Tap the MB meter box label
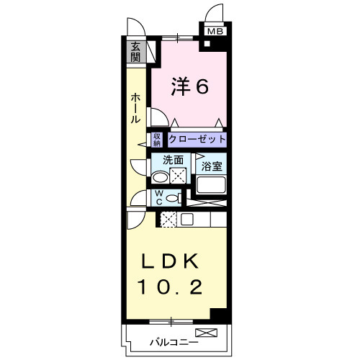pos(215,32)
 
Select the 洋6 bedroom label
pos(190,86)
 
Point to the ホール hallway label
pos(135,108)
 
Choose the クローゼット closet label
pos(197,139)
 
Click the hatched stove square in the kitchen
pos(169,220)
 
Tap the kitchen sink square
pos(186,220)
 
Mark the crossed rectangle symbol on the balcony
pos(206,333)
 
